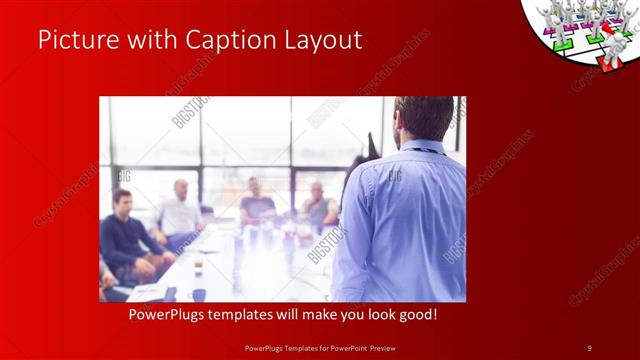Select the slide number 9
point(590,347)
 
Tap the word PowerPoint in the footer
point(344,347)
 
